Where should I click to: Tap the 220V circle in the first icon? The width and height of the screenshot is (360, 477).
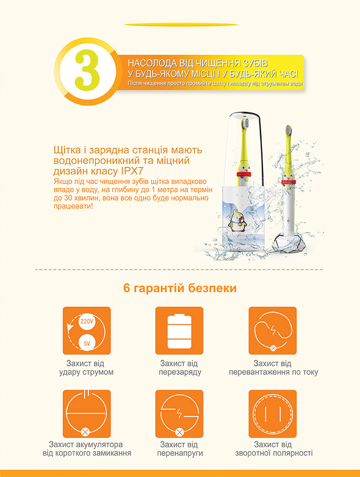[87, 322]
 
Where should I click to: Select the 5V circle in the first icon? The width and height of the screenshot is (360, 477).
[87, 342]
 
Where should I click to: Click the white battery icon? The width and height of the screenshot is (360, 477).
[179, 331]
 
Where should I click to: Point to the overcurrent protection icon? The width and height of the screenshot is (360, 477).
[273, 330]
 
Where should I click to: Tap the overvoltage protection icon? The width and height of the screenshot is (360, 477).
[179, 413]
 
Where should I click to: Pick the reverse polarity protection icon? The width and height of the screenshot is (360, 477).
[273, 413]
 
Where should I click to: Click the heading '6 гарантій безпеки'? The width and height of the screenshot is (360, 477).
[180, 289]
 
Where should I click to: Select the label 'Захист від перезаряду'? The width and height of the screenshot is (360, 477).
[180, 368]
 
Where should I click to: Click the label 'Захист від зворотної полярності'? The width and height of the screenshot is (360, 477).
[273, 449]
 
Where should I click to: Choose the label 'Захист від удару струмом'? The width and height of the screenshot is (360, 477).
[86, 368]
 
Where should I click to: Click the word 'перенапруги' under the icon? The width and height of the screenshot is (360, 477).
[180, 453]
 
